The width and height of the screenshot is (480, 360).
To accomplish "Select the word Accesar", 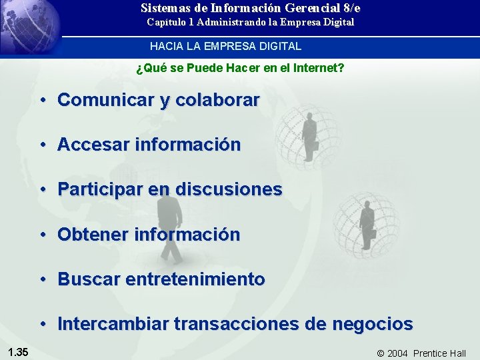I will (93, 145).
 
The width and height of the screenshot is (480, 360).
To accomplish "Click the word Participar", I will (100, 189).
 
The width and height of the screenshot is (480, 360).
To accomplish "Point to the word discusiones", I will (229, 189).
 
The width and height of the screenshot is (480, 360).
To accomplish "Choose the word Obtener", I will (93, 235).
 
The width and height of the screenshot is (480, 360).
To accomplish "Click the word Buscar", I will (85, 279).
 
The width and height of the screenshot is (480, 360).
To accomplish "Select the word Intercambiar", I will (113, 325).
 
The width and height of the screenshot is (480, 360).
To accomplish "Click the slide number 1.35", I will (18, 352).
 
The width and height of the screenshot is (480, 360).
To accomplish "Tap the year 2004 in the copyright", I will (397, 353).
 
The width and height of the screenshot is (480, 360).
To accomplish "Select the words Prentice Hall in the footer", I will (439, 353).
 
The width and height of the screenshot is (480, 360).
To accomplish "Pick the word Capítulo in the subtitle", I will (166, 22).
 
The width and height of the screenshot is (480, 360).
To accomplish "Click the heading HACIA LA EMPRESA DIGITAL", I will (225, 47).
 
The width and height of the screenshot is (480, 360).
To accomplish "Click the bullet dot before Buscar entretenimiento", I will (41, 279).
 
